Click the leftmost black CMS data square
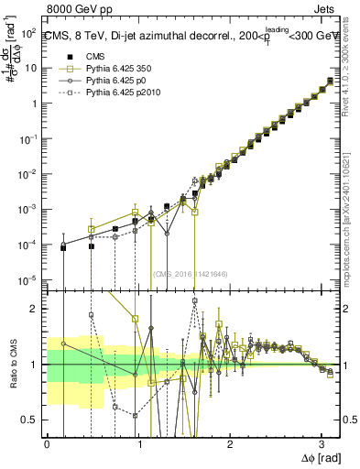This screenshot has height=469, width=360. [x=63, y=247]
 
